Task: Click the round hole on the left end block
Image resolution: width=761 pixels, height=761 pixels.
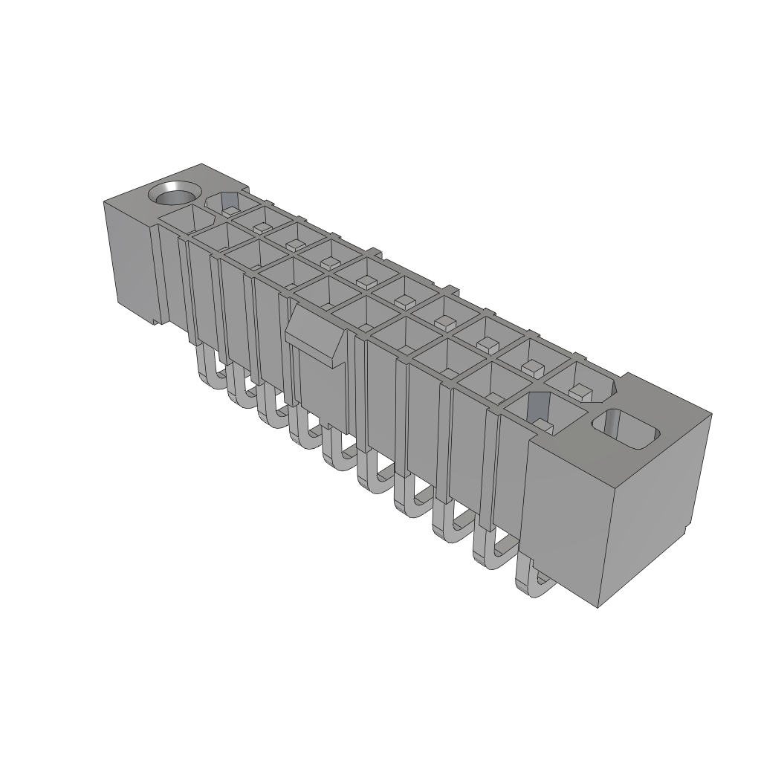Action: click(x=175, y=195)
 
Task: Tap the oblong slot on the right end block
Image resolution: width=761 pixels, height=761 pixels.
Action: click(x=626, y=429)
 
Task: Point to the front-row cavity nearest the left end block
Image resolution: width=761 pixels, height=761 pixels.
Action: click(x=180, y=218)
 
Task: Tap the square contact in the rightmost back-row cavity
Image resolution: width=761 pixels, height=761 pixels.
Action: click(x=580, y=390)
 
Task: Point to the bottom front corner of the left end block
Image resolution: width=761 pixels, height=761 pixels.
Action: click(x=155, y=324)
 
